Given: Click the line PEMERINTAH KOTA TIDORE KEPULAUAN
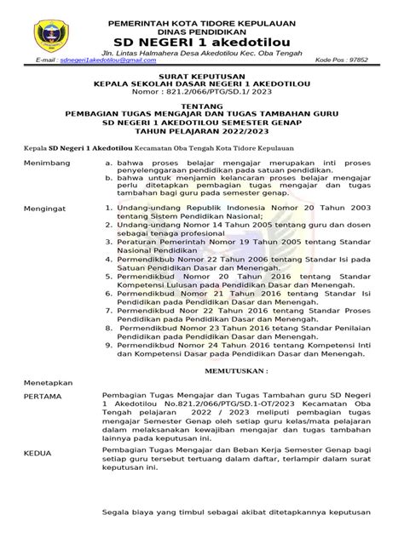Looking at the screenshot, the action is [203, 14].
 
